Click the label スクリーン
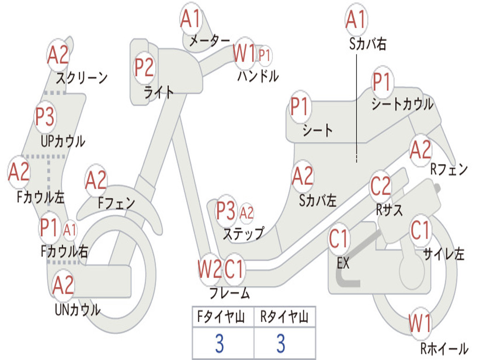(82, 77)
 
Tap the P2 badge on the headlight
(144, 67)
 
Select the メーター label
(210, 41)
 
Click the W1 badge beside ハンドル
(245, 54)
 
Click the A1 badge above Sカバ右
(355, 20)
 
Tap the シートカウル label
(402, 104)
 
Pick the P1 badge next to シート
(300, 107)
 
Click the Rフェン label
(449, 169)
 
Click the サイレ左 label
(443, 254)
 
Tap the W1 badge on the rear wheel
(420, 323)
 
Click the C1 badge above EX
(338, 239)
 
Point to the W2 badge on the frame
(209, 270)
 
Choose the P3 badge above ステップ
(226, 211)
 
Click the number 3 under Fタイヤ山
(219, 344)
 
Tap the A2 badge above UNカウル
(63, 285)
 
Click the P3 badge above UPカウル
(45, 117)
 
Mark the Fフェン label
(116, 203)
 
